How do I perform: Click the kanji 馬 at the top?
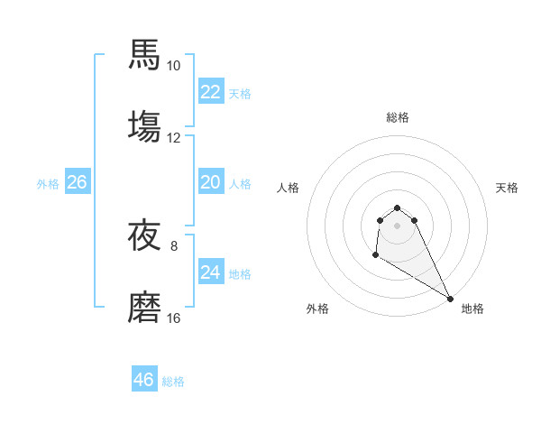(x=145, y=55)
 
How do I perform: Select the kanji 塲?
(x=145, y=126)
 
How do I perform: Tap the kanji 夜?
(x=145, y=236)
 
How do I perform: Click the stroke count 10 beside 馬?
(x=174, y=66)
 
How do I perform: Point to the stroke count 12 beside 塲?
(x=174, y=138)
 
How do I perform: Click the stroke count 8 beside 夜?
(x=174, y=245)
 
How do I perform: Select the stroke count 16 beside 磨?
(x=174, y=318)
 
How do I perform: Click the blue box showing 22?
(x=211, y=91)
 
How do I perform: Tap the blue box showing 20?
(x=211, y=182)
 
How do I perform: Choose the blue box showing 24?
(x=211, y=272)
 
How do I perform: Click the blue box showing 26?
(x=77, y=182)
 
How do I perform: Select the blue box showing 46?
(x=144, y=380)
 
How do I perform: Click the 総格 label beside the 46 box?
(x=173, y=382)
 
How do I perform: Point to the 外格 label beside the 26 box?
(x=48, y=184)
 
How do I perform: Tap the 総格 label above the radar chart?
(x=398, y=117)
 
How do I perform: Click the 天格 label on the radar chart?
(x=508, y=188)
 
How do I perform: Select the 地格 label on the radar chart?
(x=472, y=309)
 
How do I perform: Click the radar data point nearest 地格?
(x=450, y=299)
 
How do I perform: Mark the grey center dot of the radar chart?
(x=397, y=226)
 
